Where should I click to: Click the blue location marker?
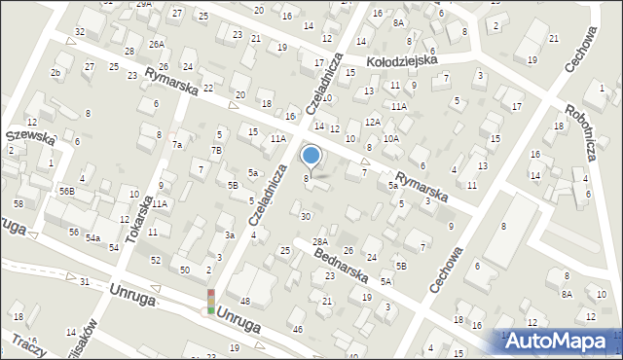(x=311, y=155)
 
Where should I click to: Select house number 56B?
(x=65, y=192)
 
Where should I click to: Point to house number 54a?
(x=92, y=237)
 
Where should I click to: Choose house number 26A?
(x=156, y=44)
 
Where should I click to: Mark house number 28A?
(x=320, y=241)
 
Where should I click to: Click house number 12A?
(x=372, y=122)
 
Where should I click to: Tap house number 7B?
(x=216, y=150)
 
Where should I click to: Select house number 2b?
(x=55, y=73)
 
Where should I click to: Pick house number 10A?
(x=390, y=139)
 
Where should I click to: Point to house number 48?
(x=245, y=302)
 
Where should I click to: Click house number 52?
(x=156, y=260)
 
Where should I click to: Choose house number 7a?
(x=177, y=144)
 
